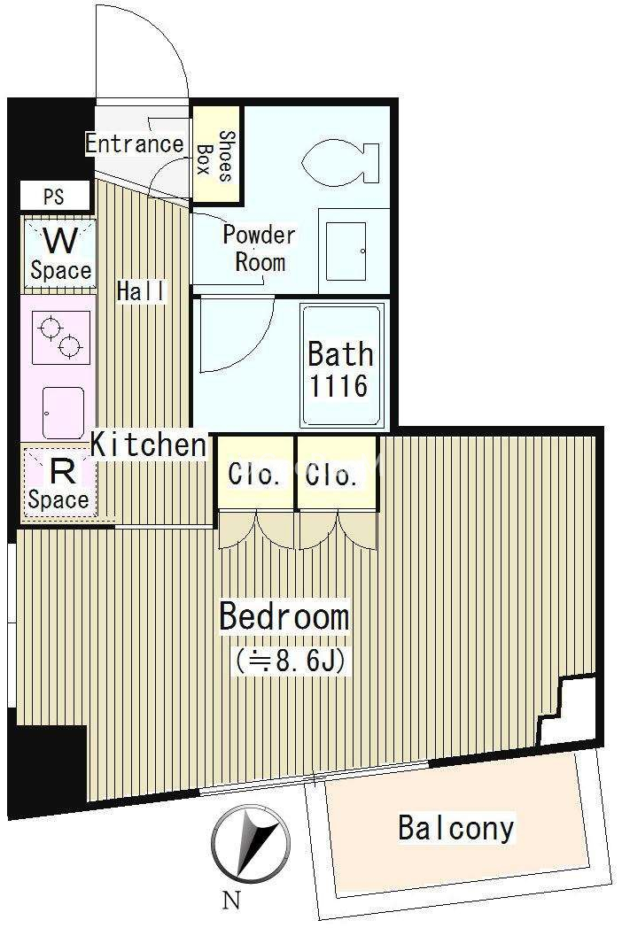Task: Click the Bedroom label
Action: (x=284, y=616)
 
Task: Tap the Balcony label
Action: (x=455, y=828)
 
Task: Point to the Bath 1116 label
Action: (x=340, y=369)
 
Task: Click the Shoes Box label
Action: (x=214, y=155)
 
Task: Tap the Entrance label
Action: (x=135, y=143)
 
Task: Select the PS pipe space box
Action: (x=55, y=196)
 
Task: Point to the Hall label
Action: (x=141, y=291)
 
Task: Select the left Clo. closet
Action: (x=255, y=473)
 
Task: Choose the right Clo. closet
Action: (x=337, y=473)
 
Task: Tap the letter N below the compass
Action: (x=231, y=901)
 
